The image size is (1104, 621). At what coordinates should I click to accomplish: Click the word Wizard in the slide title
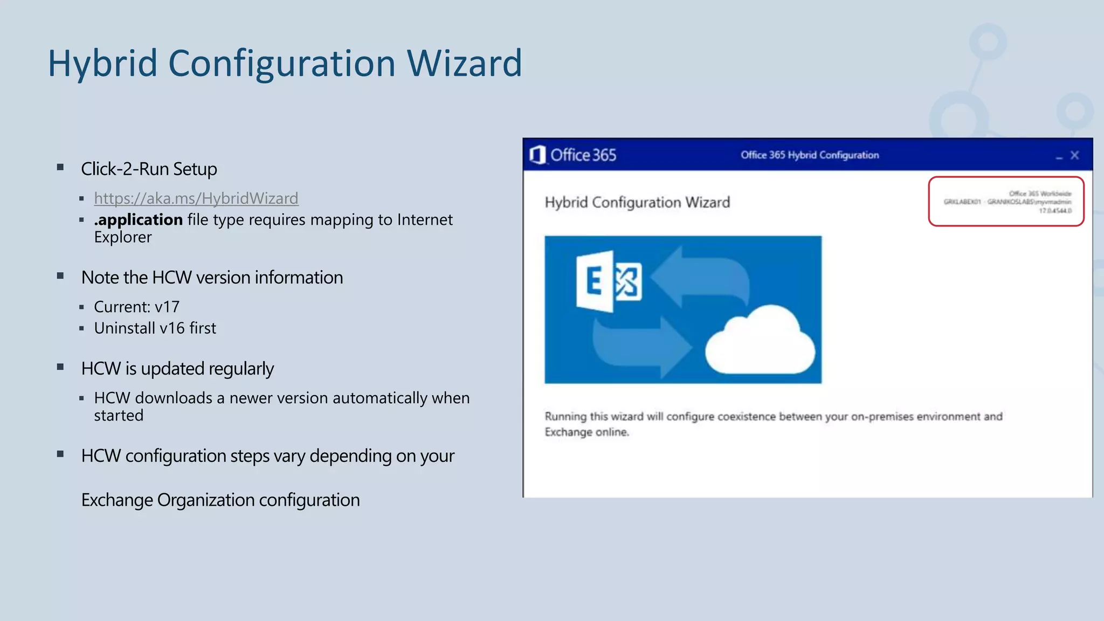coord(464,64)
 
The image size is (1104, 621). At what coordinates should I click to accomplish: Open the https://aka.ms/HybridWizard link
coord(196,198)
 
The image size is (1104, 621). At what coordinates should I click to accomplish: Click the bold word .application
coord(139,220)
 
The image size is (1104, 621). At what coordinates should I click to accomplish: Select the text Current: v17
coord(136,307)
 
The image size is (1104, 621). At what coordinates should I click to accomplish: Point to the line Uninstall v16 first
coord(155,328)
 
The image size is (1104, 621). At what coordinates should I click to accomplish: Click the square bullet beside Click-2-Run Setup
coord(60,168)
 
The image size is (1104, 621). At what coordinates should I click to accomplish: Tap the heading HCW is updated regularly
coord(177,369)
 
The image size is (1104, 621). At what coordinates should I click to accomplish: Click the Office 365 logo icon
coord(537,155)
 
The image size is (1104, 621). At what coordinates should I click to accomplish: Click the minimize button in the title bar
coord(1059,156)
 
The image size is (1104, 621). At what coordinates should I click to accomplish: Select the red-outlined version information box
coord(1006,202)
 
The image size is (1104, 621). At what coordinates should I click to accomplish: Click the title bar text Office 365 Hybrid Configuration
coord(809,155)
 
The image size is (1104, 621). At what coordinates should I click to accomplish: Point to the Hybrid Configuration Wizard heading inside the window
coord(637,203)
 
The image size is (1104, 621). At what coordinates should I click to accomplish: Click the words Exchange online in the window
coord(586,432)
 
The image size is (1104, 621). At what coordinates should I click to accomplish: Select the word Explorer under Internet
coord(123,237)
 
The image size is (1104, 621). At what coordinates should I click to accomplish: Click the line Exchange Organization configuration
coord(220,500)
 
